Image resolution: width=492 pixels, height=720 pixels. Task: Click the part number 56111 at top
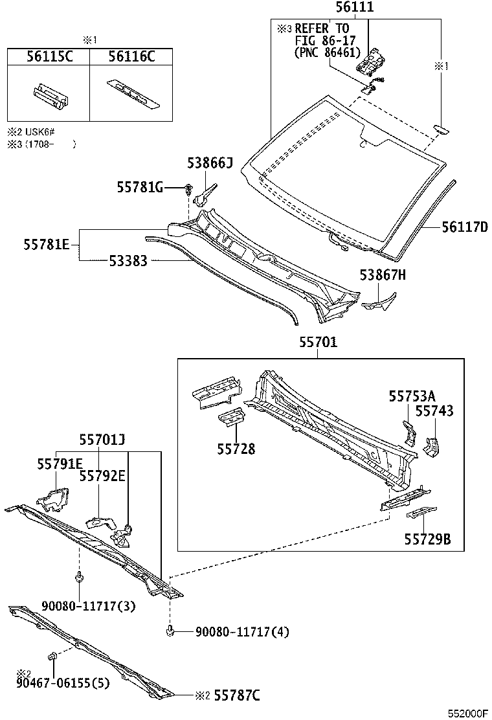[x=354, y=8]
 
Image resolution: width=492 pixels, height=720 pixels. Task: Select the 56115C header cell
[x=49, y=57]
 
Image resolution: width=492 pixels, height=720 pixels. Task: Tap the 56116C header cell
[x=131, y=57]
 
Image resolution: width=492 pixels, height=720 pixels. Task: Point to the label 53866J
[x=210, y=164]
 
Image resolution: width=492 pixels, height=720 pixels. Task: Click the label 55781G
[x=140, y=187]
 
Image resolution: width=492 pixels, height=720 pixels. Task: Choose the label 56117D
[x=465, y=227]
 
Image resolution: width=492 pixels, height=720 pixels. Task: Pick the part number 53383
[x=128, y=261]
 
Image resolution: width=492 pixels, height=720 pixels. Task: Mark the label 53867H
[x=383, y=275]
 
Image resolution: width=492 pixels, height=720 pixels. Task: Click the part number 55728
[x=236, y=449]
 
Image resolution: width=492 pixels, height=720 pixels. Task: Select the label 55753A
[x=412, y=396]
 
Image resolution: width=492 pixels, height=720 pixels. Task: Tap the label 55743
[x=434, y=411]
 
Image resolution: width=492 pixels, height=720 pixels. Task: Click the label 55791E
[x=60, y=463]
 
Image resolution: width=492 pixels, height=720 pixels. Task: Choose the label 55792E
[x=102, y=476]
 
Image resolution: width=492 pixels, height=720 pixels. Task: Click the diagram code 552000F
[x=468, y=713]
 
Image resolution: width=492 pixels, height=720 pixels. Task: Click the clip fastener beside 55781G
[x=188, y=189]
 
